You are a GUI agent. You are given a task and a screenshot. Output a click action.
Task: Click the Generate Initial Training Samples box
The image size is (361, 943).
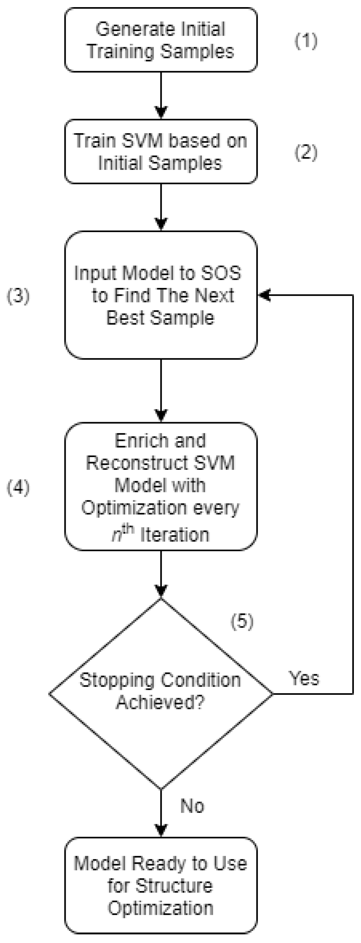[161, 40]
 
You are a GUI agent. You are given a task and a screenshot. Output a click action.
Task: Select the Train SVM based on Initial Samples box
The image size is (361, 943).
[161, 151]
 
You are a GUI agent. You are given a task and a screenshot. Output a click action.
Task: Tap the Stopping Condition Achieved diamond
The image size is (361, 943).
[161, 694]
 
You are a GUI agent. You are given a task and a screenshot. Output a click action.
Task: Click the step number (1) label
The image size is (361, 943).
[305, 41]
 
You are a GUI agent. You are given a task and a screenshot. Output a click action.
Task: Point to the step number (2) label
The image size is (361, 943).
[305, 153]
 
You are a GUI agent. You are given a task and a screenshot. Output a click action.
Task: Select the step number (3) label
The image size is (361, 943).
[18, 296]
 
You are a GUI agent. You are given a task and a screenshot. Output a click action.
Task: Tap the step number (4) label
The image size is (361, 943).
[18, 487]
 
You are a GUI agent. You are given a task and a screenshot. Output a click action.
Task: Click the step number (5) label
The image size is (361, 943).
[242, 622]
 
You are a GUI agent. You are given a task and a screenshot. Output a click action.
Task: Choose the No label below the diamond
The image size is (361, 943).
[192, 806]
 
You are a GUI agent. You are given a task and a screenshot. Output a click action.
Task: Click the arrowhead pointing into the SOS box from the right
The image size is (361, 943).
[264, 295]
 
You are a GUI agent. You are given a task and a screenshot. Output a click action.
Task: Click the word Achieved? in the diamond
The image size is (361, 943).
[160, 702]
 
